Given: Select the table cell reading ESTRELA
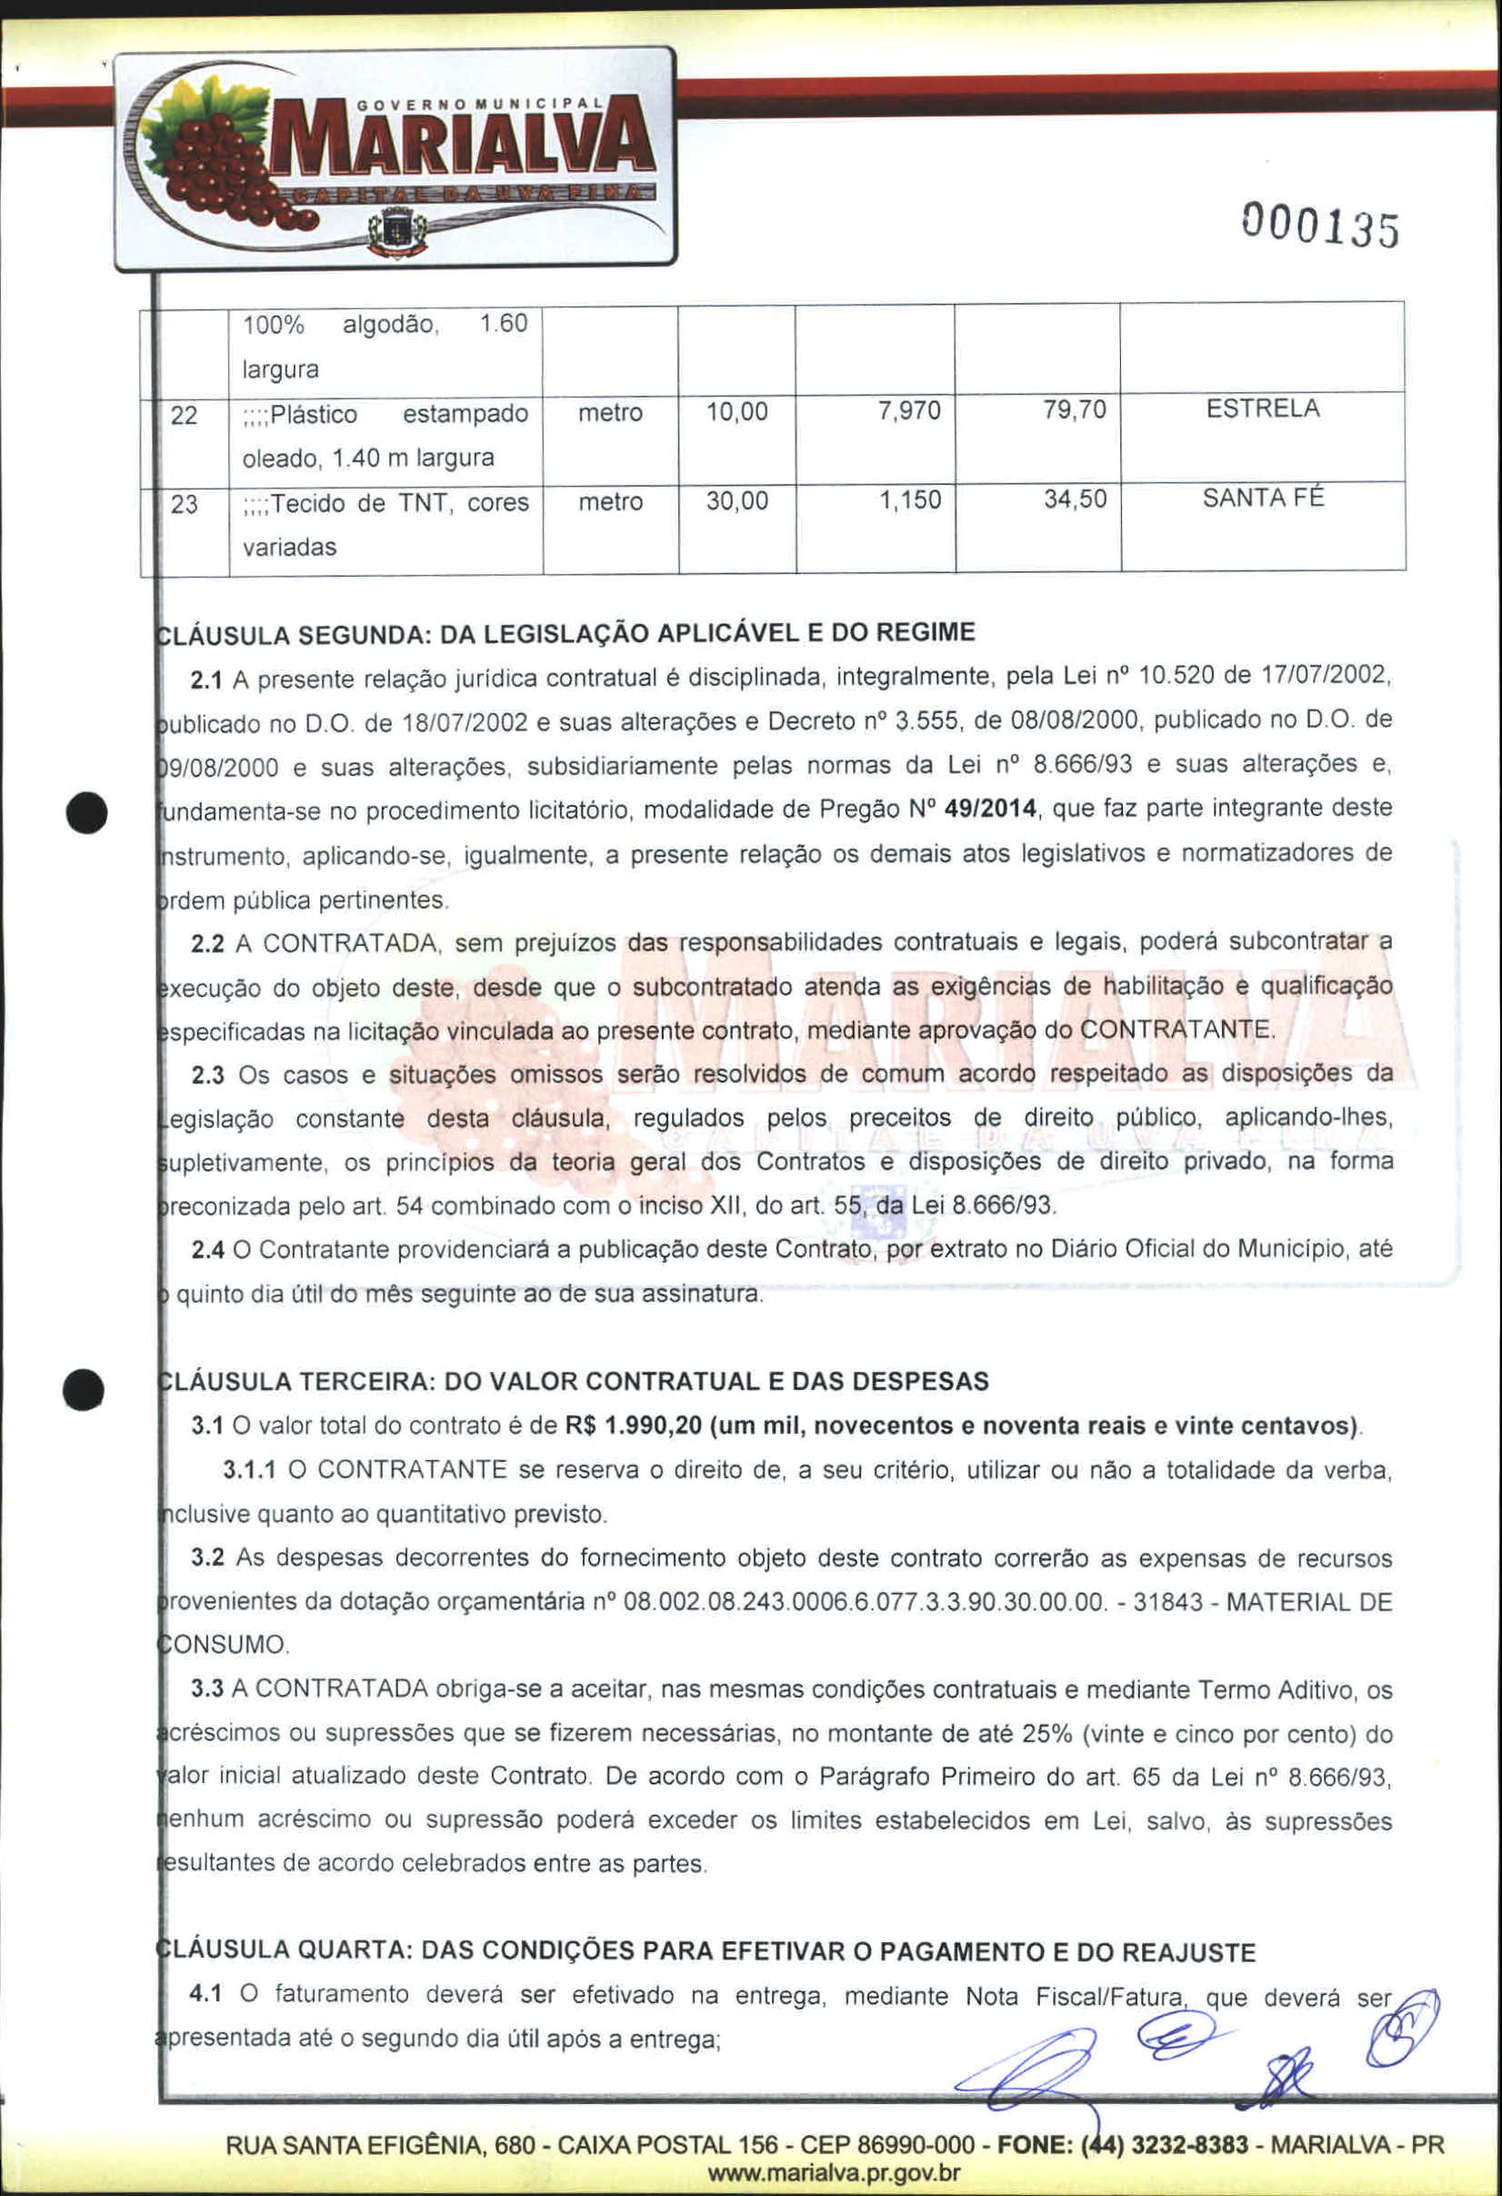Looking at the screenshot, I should tap(1262, 409).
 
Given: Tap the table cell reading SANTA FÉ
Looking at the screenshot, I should tap(1262, 498).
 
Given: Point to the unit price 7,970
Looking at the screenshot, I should tap(909, 411).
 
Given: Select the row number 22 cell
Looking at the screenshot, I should tap(185, 415).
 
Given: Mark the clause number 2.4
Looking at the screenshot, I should tap(207, 1250).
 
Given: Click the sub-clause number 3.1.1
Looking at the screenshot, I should tap(249, 1469).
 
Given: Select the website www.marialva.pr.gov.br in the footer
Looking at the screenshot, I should tap(834, 2172).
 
